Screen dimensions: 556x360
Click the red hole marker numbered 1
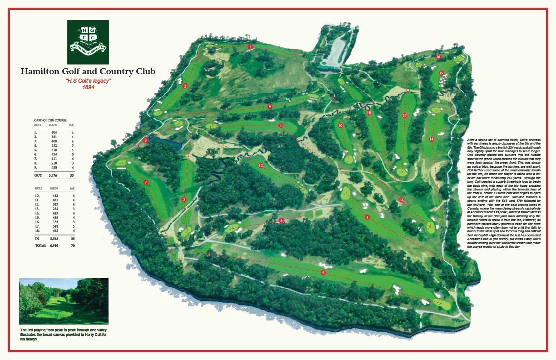[x=250, y=47]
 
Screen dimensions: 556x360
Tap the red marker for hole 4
[x=323, y=272]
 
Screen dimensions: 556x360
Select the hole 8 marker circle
[x=145, y=140]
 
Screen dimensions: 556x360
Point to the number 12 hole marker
[x=261, y=166]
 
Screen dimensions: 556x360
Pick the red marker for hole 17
[x=405, y=115]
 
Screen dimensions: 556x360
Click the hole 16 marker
[x=438, y=57]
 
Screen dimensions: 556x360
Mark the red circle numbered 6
[x=282, y=220]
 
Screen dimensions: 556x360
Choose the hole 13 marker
[x=401, y=200]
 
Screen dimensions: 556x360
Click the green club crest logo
[x=88, y=42]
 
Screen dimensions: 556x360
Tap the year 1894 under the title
[x=88, y=87]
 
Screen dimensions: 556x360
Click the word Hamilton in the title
[x=39, y=71]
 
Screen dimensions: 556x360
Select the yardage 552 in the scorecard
[x=54, y=145]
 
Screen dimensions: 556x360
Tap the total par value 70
[x=72, y=245]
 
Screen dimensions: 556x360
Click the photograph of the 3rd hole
[x=64, y=301]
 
